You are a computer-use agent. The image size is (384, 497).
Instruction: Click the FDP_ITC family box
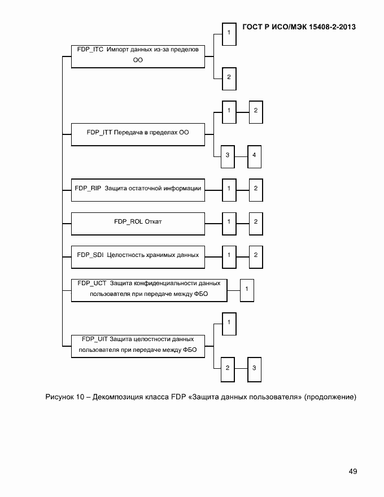pos(138,56)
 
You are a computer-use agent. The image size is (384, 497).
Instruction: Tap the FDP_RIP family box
pos(138,189)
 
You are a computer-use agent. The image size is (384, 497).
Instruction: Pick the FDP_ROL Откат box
pos(138,222)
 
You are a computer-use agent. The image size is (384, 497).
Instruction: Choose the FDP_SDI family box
pos(138,255)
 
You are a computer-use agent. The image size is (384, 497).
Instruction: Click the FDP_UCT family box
pos(149,289)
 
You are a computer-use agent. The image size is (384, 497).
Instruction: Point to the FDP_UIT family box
pos(138,345)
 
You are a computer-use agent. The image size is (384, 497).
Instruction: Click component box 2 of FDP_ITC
pos(229,77)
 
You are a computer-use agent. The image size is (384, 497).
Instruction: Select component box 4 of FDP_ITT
pos(255,155)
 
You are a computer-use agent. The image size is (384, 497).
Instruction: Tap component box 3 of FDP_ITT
pos(228,155)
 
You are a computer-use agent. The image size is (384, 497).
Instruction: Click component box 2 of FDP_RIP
pos(255,189)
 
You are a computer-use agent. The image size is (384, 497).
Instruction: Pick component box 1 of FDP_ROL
pos(229,222)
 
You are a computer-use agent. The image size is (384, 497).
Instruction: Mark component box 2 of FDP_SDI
pos(255,255)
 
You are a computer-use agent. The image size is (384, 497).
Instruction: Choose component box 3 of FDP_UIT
pos(255,368)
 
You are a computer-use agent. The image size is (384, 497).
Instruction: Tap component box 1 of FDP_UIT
pos(229,322)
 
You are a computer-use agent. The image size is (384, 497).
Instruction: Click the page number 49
pos(352,472)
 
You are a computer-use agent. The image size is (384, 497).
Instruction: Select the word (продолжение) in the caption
pos(330,398)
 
